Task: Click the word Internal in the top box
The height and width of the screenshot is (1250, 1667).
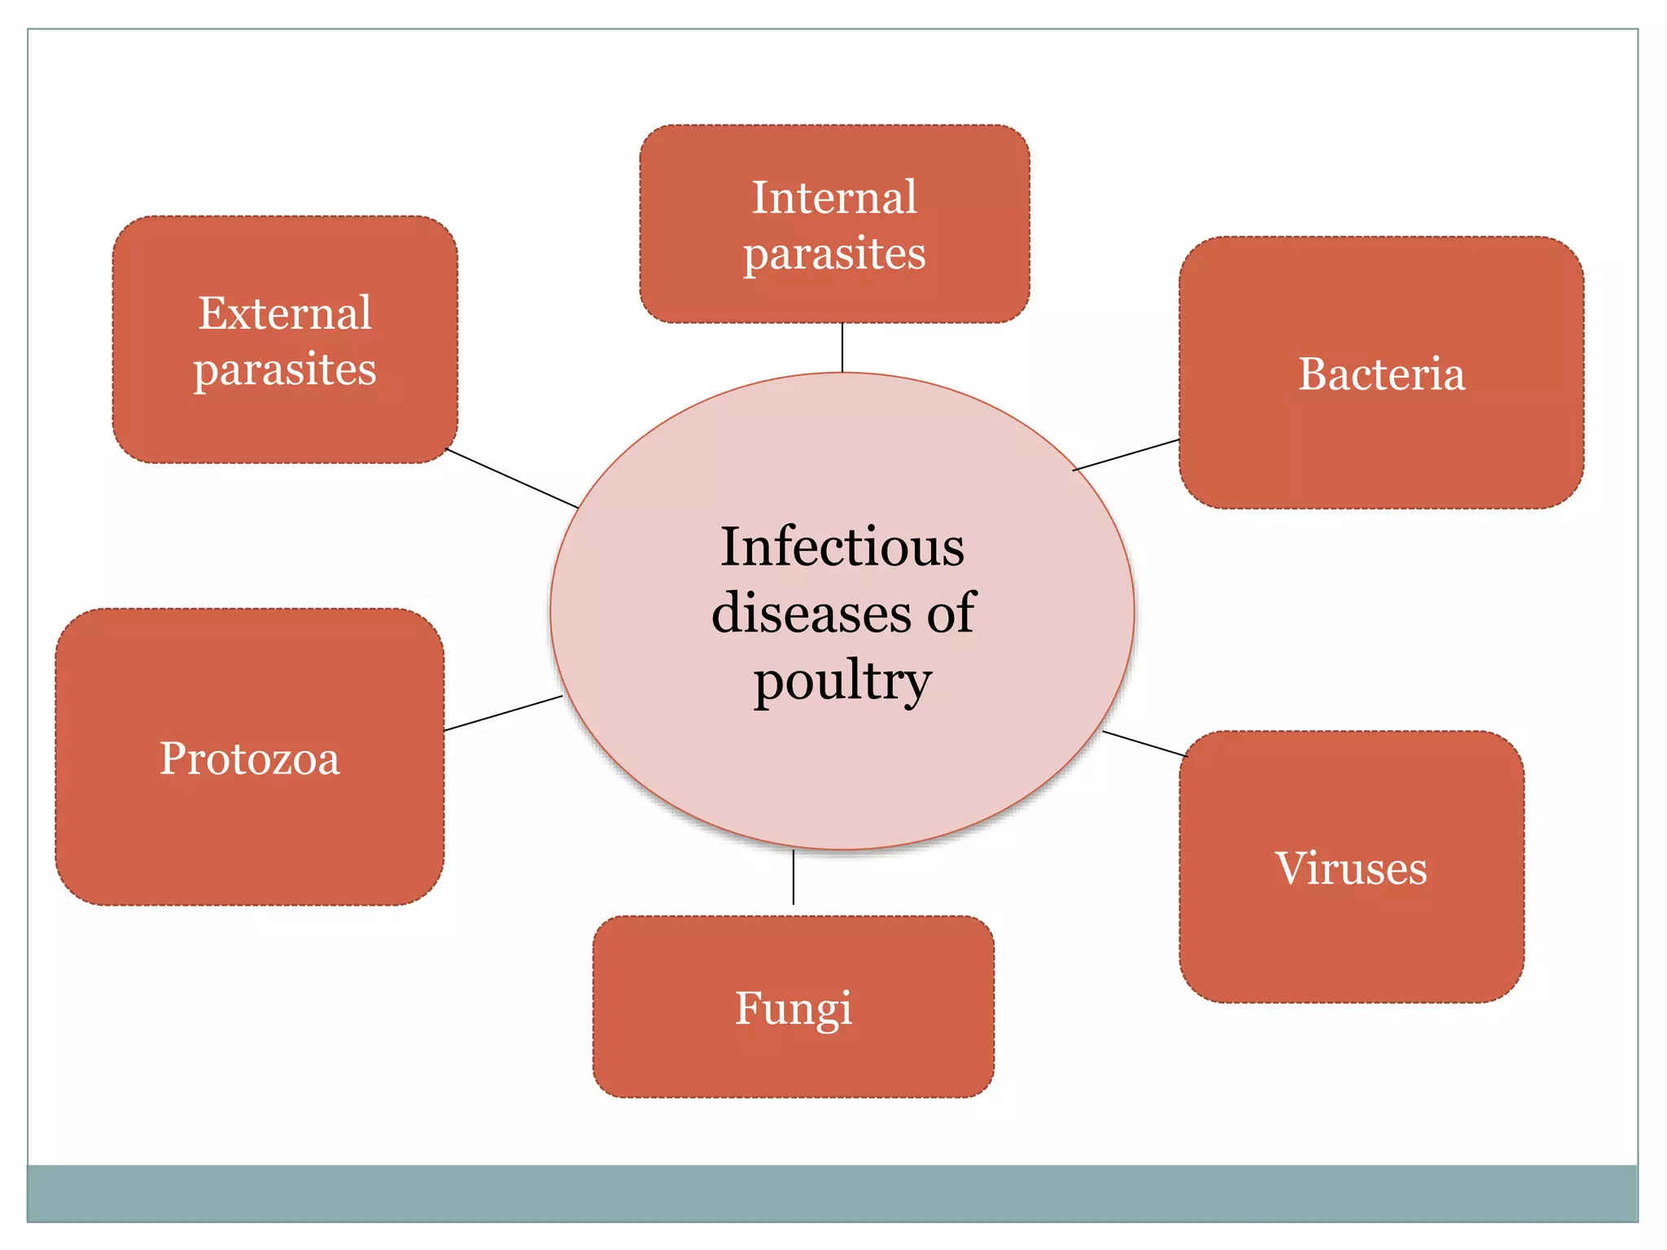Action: (x=834, y=198)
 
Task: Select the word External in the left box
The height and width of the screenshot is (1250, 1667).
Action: (x=285, y=313)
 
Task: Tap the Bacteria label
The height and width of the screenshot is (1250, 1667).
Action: (x=1381, y=374)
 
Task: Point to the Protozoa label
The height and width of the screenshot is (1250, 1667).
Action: (x=249, y=758)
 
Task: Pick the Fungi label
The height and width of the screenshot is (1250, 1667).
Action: (x=794, y=1008)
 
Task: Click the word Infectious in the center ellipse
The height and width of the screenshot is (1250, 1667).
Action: (x=842, y=547)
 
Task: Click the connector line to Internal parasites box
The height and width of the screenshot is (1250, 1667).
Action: (x=842, y=347)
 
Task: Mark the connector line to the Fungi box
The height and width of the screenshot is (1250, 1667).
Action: (x=794, y=877)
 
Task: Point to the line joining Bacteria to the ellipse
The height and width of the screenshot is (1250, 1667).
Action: (x=1127, y=455)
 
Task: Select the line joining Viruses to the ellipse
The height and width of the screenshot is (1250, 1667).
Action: (x=1144, y=744)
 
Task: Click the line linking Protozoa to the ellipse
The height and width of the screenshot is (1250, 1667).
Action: (x=503, y=713)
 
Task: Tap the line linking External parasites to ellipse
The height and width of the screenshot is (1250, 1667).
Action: (x=512, y=479)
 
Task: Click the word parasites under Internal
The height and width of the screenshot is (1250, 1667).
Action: (x=834, y=254)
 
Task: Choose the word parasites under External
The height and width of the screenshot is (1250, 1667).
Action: (x=285, y=369)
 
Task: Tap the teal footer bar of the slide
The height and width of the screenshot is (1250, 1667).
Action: (x=832, y=1193)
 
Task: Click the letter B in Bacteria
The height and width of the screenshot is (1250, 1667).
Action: (x=1311, y=374)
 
